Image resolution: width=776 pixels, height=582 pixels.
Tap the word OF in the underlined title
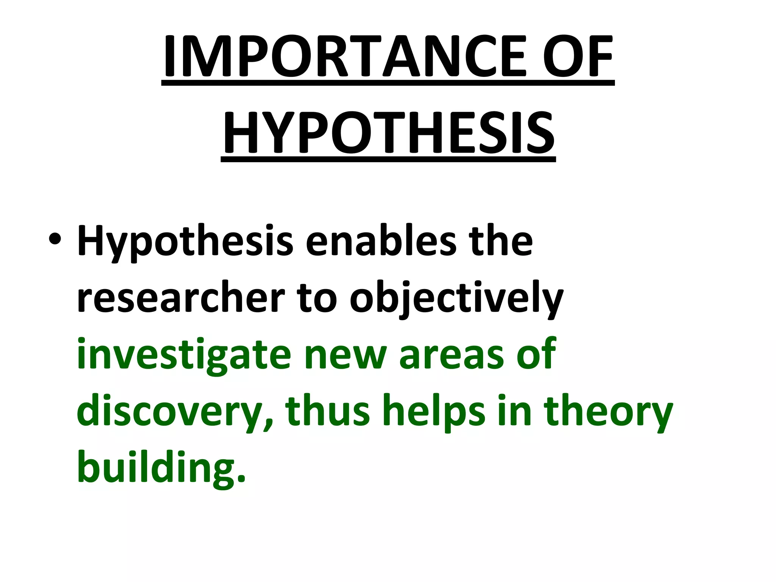[577, 56]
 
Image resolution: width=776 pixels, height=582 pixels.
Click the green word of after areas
[536, 354]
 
